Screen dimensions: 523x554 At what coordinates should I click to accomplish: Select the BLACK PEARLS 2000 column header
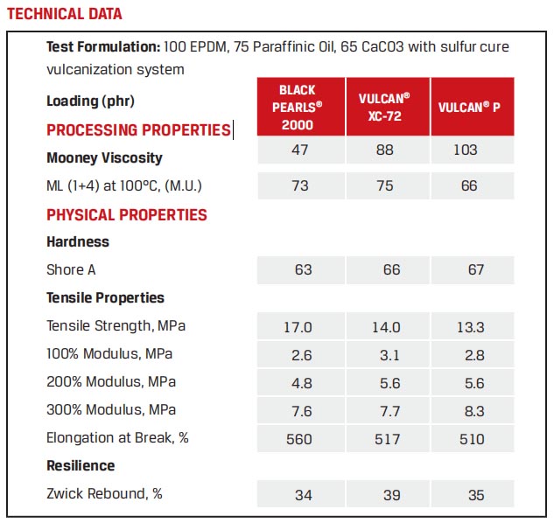298,107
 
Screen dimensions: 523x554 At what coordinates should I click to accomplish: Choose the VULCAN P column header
474,107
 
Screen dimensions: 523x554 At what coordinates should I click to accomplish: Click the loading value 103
465,150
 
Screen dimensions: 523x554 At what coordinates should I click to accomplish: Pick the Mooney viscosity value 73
301,185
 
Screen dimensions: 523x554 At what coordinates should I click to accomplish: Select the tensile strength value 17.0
298,327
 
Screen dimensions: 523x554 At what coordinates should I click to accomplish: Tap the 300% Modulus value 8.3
475,410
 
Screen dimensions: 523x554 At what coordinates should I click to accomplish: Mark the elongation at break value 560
298,438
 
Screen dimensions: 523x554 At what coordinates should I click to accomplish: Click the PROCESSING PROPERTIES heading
137,130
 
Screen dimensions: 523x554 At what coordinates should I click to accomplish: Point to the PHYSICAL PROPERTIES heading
127,215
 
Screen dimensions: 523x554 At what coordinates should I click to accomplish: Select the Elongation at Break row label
117,438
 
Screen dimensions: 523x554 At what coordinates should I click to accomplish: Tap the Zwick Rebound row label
104,494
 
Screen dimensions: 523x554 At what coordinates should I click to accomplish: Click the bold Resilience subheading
81,466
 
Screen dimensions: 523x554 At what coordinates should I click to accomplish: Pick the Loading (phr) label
90,101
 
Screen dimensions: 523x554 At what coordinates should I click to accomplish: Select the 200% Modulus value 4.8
298,382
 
